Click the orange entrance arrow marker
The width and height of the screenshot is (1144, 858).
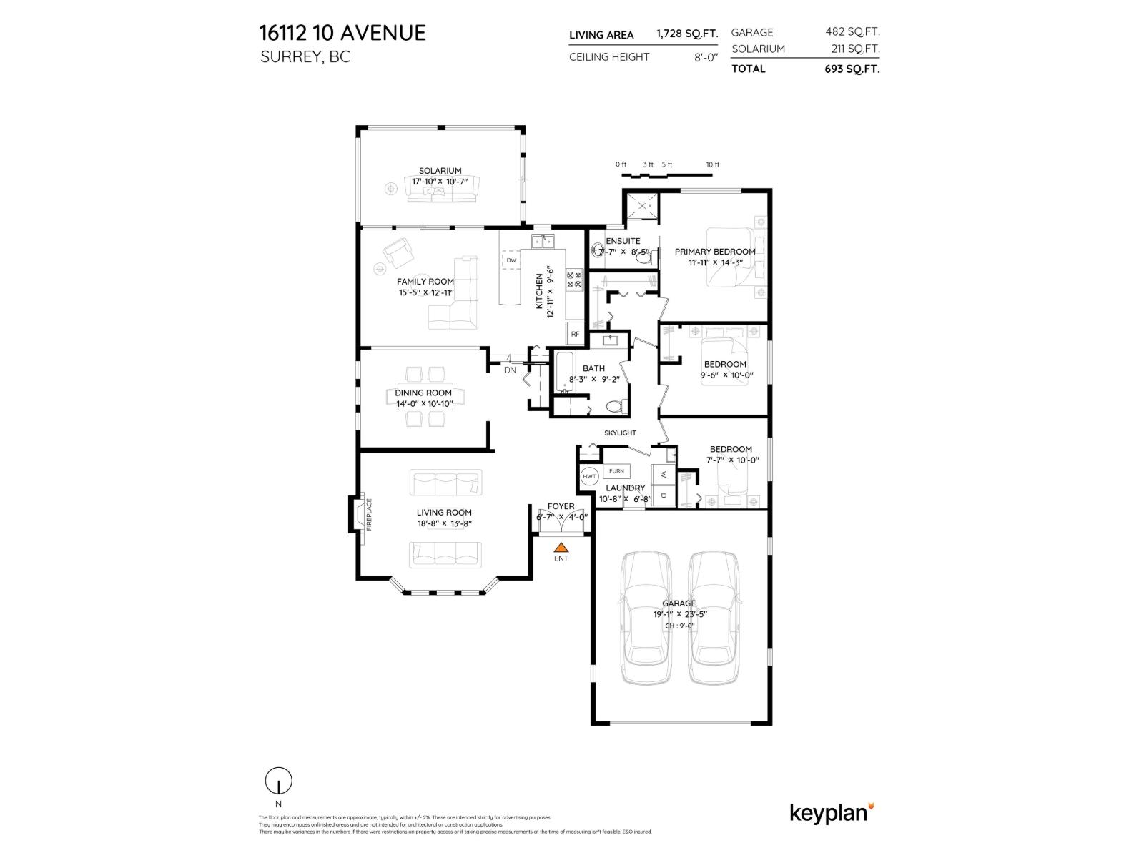point(561,547)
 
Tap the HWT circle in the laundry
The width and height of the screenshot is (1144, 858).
point(590,476)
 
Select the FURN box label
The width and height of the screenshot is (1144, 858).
point(616,471)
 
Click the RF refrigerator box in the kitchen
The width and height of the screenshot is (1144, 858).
point(575,334)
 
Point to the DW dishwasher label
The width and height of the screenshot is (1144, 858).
point(511,261)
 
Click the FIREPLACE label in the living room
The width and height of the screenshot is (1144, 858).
point(370,513)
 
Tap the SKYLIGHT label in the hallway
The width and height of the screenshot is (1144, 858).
point(620,433)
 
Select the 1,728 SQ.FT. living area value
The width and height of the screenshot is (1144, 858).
point(686,34)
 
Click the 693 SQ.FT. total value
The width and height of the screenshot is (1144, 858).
point(852,69)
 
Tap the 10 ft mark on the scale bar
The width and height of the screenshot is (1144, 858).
point(712,165)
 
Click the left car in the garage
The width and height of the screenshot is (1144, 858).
point(646,618)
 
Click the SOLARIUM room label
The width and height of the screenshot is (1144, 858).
point(440,171)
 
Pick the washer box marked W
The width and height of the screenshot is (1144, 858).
point(664,474)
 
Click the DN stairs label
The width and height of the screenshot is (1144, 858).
point(510,370)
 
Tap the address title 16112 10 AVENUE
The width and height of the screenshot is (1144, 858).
point(342,33)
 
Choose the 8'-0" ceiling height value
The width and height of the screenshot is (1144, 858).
point(705,57)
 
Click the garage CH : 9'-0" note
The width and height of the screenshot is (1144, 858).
point(679,626)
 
